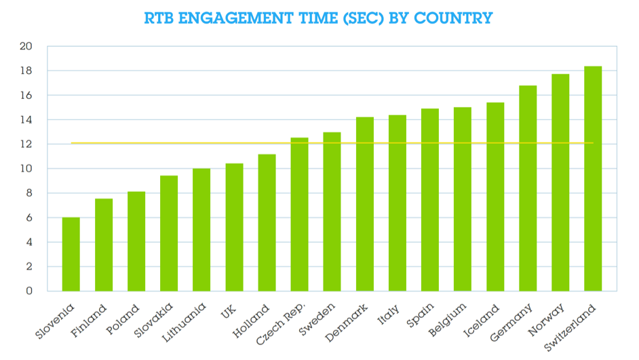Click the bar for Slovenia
pos(71,254)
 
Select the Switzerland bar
pos(593,179)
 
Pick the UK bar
pos(234,227)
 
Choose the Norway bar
pos(560,182)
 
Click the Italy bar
pos(398,203)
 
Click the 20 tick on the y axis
pos(26,47)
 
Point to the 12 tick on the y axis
pos(26,144)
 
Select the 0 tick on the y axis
pos(29,292)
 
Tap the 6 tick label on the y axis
pos(29,218)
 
